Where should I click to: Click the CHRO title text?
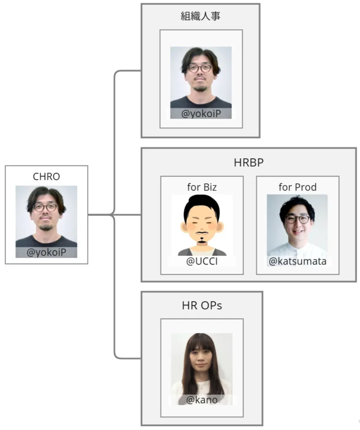(46, 177)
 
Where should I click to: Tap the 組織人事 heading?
(200, 17)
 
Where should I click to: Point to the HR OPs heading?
(202, 305)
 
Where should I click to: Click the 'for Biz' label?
(202, 187)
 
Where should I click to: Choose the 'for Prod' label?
(297, 187)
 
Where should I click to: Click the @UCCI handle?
(202, 261)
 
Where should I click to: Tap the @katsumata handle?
(297, 261)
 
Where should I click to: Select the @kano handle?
(202, 399)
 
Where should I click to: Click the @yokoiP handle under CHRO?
(46, 252)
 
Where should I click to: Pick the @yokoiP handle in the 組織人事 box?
(201, 114)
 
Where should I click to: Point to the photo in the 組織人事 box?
(201, 77)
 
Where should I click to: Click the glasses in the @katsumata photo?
(297, 219)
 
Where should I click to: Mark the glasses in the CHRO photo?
(45, 207)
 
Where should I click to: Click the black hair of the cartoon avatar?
(202, 203)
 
